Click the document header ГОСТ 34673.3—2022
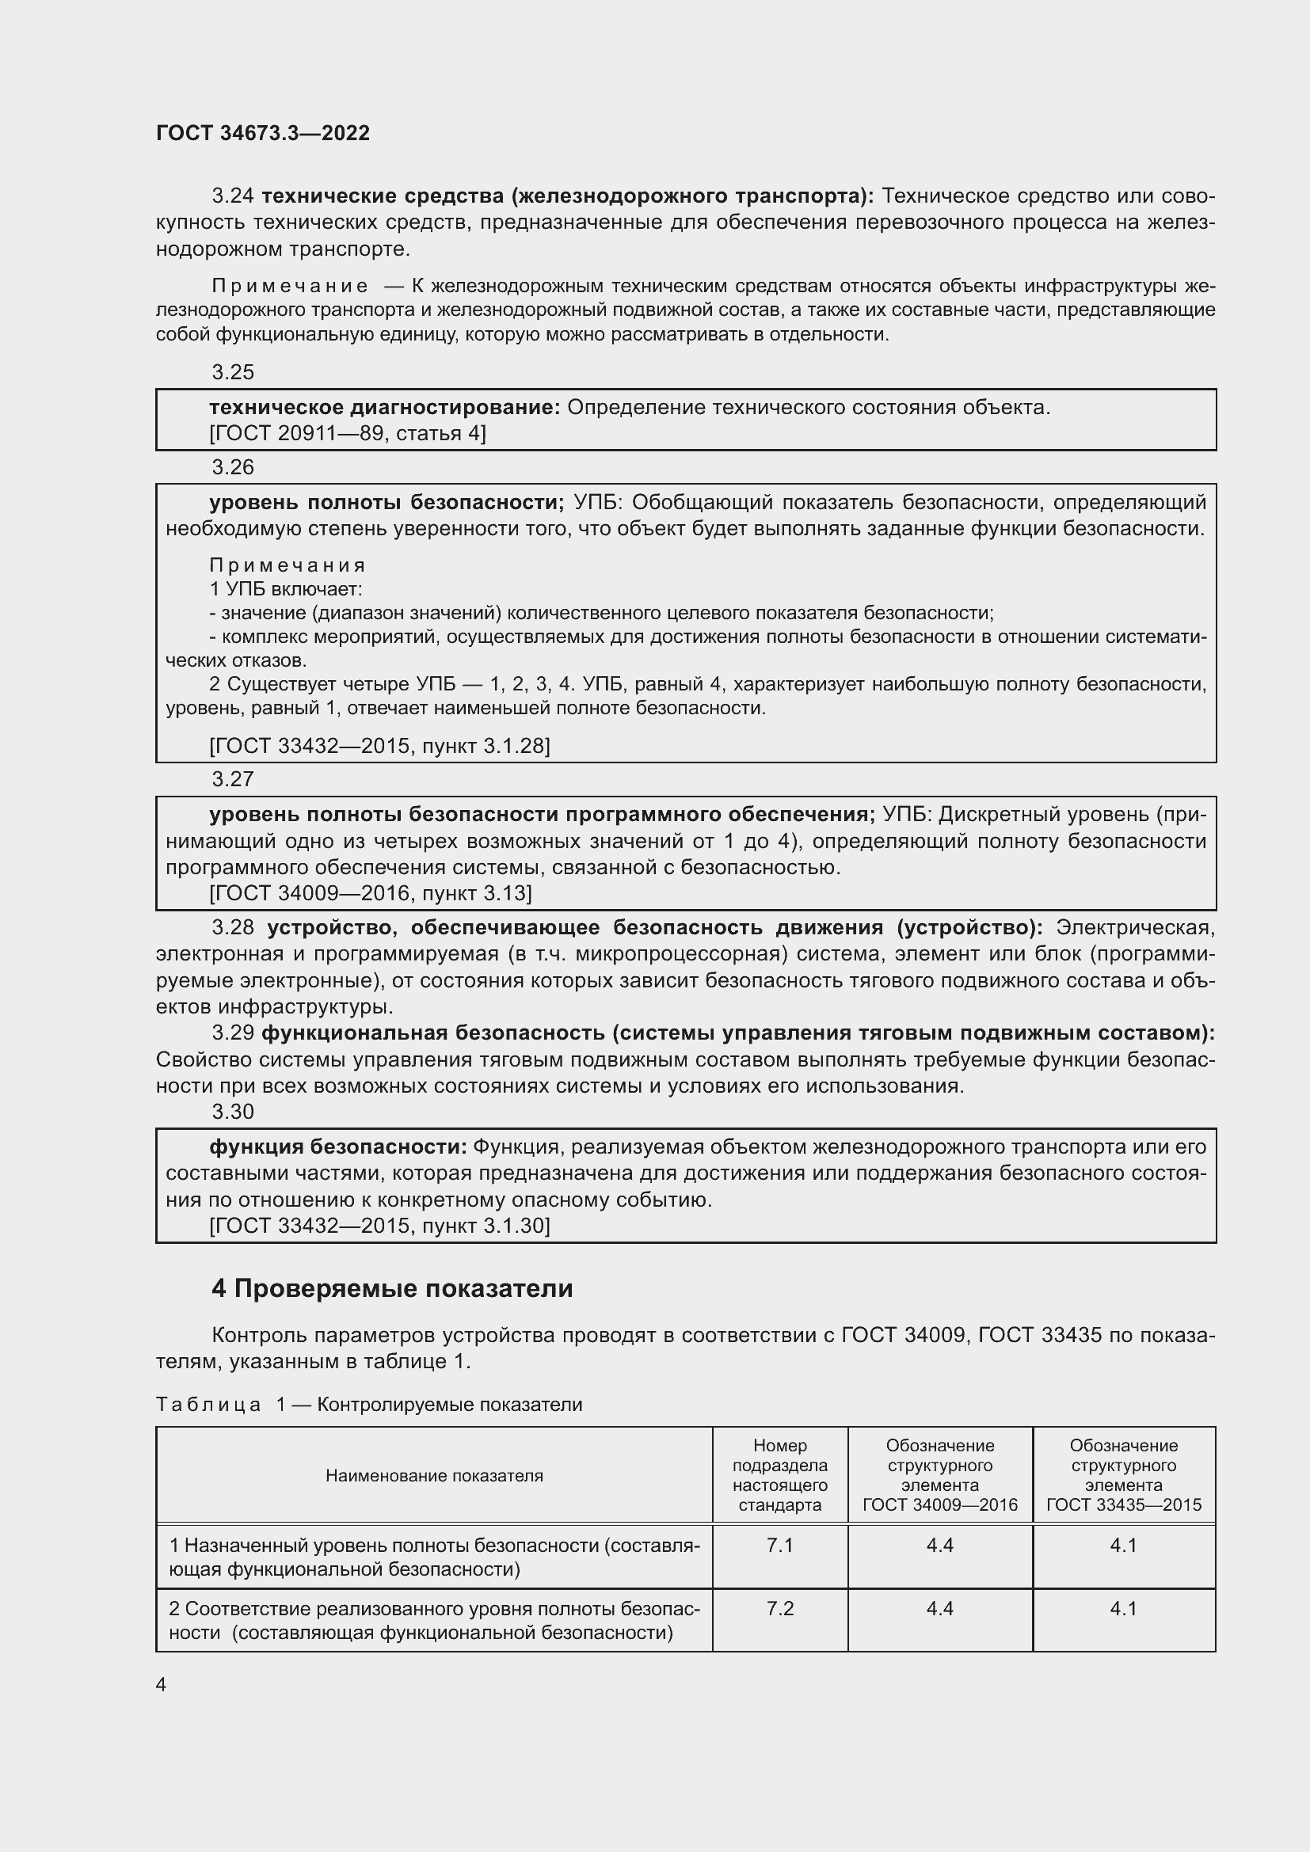click(x=262, y=133)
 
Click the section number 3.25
click(x=232, y=372)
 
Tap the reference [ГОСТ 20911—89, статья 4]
click(x=347, y=434)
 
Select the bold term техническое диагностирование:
click(x=384, y=407)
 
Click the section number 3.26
click(x=232, y=467)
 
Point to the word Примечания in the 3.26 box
click(x=288, y=565)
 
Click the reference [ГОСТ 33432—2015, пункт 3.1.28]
click(x=379, y=746)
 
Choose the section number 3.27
click(x=232, y=779)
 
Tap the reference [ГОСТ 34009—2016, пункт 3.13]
click(x=370, y=893)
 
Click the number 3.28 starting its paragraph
click(x=232, y=928)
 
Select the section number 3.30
click(x=232, y=1112)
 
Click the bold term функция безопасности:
click(x=338, y=1147)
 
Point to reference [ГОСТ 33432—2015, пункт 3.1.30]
click(x=379, y=1226)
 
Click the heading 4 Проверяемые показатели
click(x=392, y=1289)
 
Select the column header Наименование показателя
click(x=434, y=1475)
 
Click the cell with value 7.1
click(x=779, y=1545)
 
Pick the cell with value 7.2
click(x=779, y=1608)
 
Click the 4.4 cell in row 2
click(x=940, y=1608)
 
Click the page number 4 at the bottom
click(x=161, y=1684)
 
